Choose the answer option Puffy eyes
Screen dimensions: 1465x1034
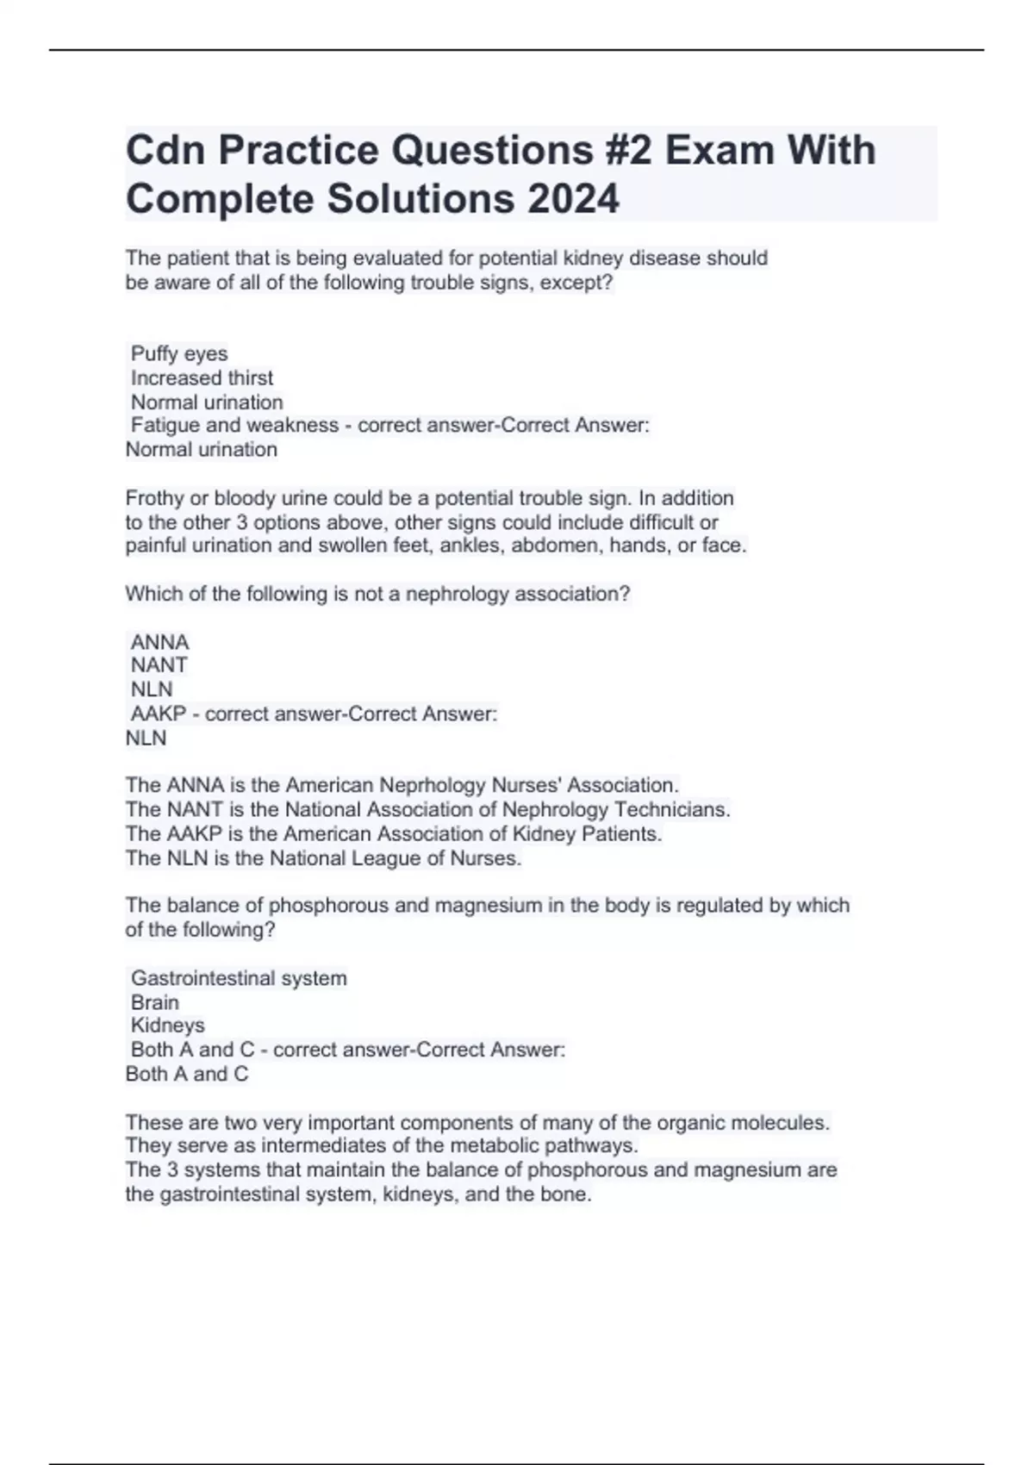point(179,353)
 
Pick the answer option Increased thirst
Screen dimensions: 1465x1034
point(202,377)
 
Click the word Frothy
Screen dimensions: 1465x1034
point(153,498)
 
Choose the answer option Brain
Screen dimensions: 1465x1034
point(155,1002)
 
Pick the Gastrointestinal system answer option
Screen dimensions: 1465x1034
point(239,978)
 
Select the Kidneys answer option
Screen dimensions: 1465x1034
point(167,1025)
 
